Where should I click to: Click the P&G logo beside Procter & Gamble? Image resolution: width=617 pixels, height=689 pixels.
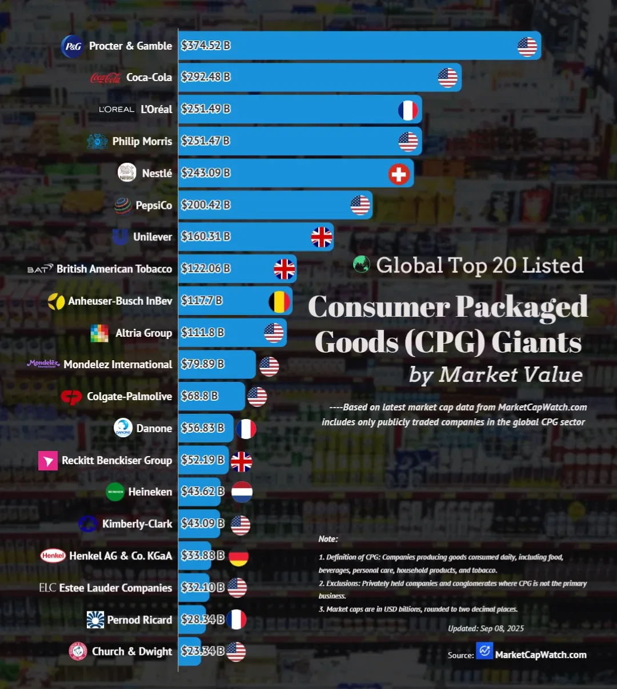[x=73, y=46]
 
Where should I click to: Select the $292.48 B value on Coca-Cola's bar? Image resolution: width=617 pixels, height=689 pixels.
[x=206, y=77]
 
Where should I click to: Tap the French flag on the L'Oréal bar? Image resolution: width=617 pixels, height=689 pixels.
[x=408, y=110]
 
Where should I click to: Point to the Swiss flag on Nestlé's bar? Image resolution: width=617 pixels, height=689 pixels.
[x=399, y=174]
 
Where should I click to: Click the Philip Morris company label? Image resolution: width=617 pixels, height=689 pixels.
[x=142, y=141]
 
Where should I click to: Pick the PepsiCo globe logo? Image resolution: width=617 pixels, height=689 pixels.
[x=123, y=206]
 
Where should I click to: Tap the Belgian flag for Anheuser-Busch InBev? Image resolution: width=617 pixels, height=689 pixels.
[x=279, y=301]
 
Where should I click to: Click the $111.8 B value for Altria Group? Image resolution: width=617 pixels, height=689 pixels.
[x=202, y=332]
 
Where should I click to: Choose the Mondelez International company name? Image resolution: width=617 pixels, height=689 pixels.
[x=118, y=364]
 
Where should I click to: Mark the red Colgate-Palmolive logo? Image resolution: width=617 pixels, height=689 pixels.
[x=71, y=397]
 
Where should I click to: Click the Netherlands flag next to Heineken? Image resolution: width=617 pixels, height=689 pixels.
[x=242, y=492]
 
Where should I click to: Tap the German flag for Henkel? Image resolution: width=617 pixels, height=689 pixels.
[x=238, y=557]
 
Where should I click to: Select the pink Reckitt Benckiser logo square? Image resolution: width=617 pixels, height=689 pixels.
[x=48, y=461]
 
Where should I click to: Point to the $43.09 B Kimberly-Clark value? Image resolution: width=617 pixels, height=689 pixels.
[x=202, y=523]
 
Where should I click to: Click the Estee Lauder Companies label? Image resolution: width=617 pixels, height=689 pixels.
[x=115, y=588]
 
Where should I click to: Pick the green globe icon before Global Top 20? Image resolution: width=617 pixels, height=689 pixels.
[x=361, y=264]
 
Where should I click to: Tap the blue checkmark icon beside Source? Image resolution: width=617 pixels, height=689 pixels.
[x=484, y=650]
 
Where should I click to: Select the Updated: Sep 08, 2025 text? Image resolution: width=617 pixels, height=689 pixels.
[x=486, y=628]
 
